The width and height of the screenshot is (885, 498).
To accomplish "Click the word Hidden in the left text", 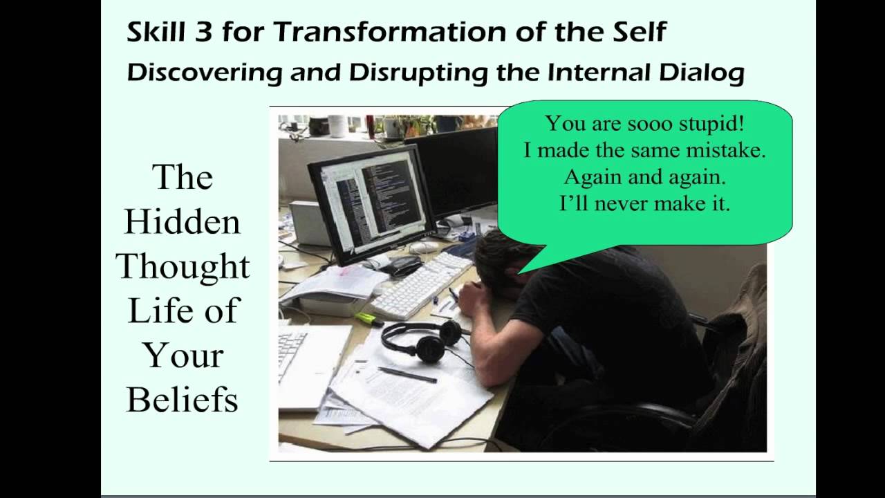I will pyautogui.click(x=183, y=223).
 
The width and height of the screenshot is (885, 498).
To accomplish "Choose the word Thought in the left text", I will pyautogui.click(x=183, y=266).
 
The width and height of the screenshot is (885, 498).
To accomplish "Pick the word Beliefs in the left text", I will pyautogui.click(x=183, y=399).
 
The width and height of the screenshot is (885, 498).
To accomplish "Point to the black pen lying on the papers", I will pyautogui.click(x=407, y=374).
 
